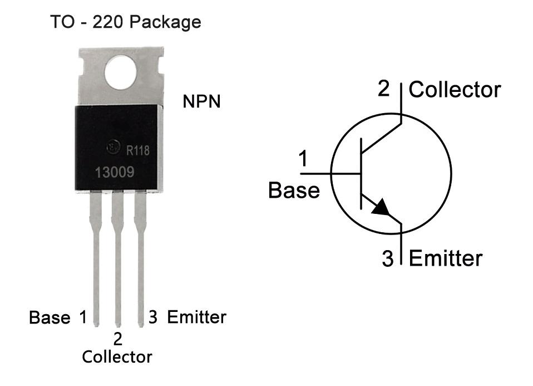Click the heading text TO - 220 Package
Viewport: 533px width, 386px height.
pos(125,22)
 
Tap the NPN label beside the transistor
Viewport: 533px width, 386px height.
pos(201,102)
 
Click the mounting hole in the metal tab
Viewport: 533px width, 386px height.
pos(120,74)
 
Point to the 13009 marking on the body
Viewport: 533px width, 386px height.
pos(114,172)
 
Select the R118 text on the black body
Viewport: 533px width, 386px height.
pos(138,150)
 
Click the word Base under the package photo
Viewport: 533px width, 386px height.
pos(50,318)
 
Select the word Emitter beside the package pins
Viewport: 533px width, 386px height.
pos(197,317)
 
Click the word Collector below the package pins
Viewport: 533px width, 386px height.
pos(117,356)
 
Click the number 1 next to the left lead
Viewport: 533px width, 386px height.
pos(83,317)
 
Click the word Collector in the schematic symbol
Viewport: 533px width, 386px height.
pos(455,90)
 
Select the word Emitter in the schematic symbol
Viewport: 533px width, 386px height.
pos(446,258)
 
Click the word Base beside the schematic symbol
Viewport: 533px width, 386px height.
pos(294,190)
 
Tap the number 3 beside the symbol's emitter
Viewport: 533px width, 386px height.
pos(388,260)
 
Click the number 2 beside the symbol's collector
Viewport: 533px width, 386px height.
pos(384,89)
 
